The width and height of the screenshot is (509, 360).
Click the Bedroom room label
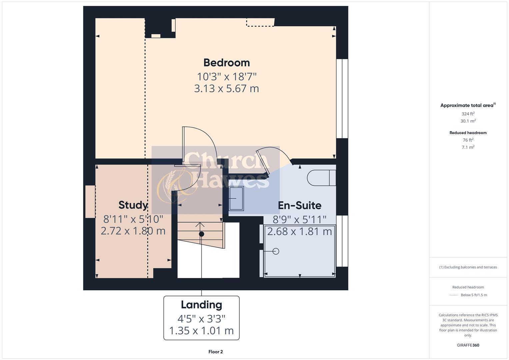(226, 63)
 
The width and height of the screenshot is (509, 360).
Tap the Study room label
(133, 205)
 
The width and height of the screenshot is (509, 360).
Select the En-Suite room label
(299, 205)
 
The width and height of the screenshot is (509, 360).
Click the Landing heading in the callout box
(201, 305)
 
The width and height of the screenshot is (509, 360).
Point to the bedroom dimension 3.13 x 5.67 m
(226, 89)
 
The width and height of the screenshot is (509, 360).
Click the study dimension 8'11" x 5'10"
(133, 219)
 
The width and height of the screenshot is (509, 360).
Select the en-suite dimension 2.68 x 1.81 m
(299, 231)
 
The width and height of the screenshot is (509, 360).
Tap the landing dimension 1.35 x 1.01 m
(201, 331)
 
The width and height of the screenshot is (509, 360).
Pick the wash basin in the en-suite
(236, 198)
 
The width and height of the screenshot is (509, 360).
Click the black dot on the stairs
(201, 234)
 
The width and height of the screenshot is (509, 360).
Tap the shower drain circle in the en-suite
(276, 251)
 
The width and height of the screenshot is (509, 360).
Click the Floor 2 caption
(215, 352)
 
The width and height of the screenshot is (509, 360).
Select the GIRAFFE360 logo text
(468, 345)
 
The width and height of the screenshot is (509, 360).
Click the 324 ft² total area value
(468, 114)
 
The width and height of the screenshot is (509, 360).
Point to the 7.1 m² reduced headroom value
(468, 147)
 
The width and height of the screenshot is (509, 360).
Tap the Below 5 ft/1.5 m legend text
(474, 295)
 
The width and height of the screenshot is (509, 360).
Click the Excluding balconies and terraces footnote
(468, 267)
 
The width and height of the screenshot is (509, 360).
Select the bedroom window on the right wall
(342, 99)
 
